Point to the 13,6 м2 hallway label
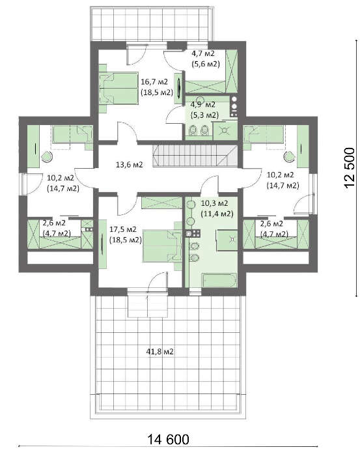pyautogui.click(x=129, y=164)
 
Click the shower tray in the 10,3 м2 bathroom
pyautogui.click(x=228, y=242)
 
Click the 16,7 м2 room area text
pyautogui.click(x=154, y=81)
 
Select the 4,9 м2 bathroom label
pyautogui.click(x=202, y=104)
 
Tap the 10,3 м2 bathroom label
pyautogui.click(x=217, y=203)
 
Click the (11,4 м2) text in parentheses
pyautogui.click(x=217, y=213)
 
